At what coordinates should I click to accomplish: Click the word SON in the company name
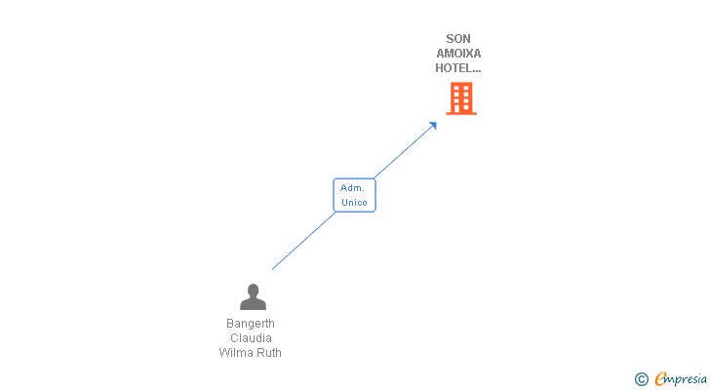coord(458,39)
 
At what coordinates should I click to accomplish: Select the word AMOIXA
coord(458,54)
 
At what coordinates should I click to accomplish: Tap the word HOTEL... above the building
coord(458,68)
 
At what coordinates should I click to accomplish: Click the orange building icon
coord(461,98)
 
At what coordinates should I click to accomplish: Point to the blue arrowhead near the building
coord(433,126)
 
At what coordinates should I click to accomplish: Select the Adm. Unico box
coord(355,195)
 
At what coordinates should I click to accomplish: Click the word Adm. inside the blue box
coord(352,188)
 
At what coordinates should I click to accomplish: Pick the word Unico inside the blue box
coord(354,202)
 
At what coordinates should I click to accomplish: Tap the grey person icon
coord(254,296)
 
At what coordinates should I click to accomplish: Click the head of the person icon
coord(254,290)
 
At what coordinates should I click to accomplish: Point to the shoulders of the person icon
coord(254,304)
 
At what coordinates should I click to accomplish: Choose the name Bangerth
coord(251,324)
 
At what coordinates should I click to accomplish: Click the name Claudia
coord(251,338)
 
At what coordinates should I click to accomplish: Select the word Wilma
coord(234,352)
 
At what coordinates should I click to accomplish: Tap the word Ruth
coord(266,352)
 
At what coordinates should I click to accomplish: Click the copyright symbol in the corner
coord(642,379)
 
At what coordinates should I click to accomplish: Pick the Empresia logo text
coord(681,379)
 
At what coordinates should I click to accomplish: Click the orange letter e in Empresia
coord(660,378)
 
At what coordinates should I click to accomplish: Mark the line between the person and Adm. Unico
coord(303,241)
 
